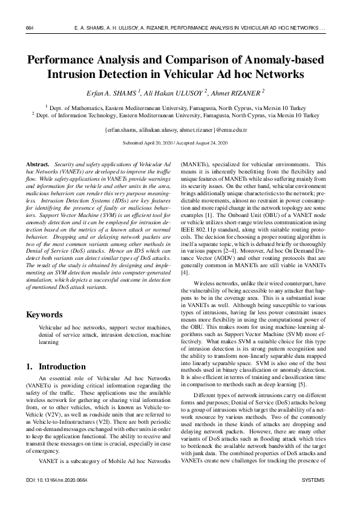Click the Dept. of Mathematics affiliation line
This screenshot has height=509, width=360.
coord(180,106)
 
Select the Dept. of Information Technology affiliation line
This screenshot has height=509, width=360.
coord(180,114)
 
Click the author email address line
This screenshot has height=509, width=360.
coord(180,130)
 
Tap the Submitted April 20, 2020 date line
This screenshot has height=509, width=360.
coord(180,144)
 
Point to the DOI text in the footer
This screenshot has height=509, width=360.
coord(53,496)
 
